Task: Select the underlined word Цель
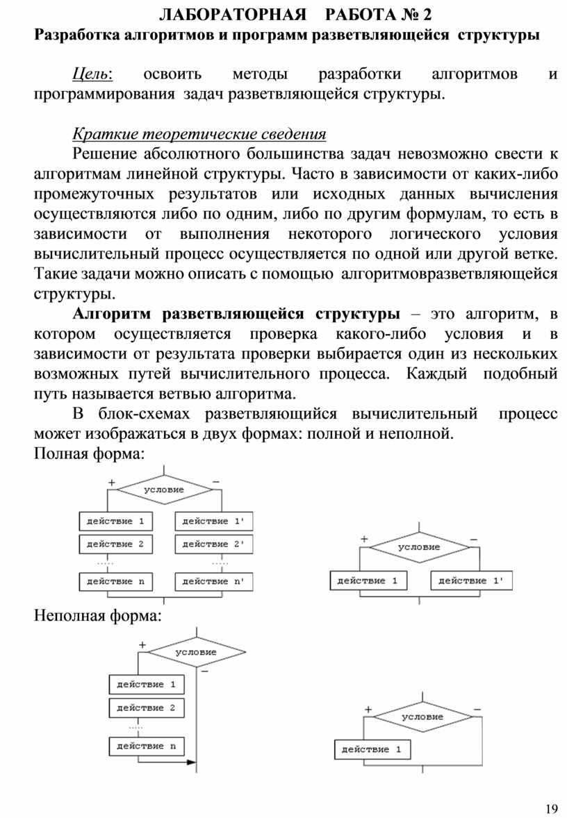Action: point(94,74)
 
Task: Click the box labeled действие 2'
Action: point(214,544)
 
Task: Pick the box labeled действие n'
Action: point(214,581)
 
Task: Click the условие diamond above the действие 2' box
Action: point(164,490)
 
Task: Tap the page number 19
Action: point(552,808)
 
